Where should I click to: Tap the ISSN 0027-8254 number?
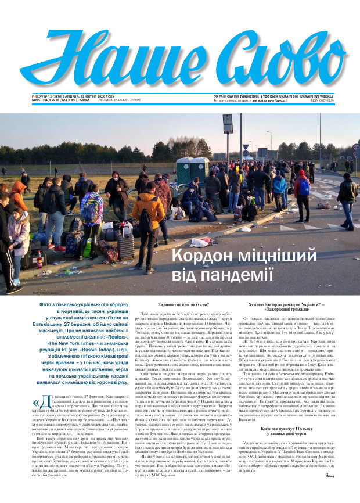(339, 100)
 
